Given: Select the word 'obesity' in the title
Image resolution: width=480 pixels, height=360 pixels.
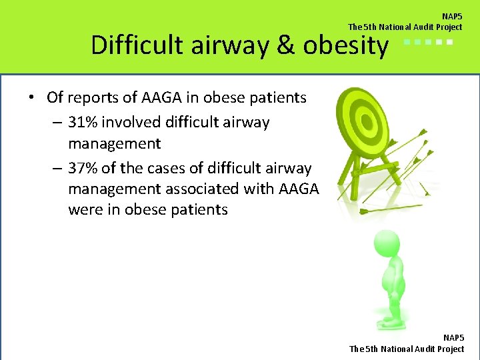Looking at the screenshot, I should tap(345, 45).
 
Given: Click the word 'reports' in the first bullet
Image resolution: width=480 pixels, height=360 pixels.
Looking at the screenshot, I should tap(93, 97).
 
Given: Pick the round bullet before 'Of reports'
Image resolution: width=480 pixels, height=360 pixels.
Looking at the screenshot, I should tap(32, 98).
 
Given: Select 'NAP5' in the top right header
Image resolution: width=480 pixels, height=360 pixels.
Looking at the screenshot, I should tap(451, 16).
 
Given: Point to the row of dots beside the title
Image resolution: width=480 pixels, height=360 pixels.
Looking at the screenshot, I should tap(429, 42).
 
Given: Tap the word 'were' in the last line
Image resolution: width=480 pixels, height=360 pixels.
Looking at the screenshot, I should tap(85, 209).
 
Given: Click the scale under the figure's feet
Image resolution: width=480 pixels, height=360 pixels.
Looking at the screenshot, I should tap(393, 326).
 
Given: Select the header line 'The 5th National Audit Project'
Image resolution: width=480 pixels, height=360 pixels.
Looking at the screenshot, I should tap(405, 27).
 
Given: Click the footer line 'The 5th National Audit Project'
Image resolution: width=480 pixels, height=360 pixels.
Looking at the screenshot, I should tap(407, 349).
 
